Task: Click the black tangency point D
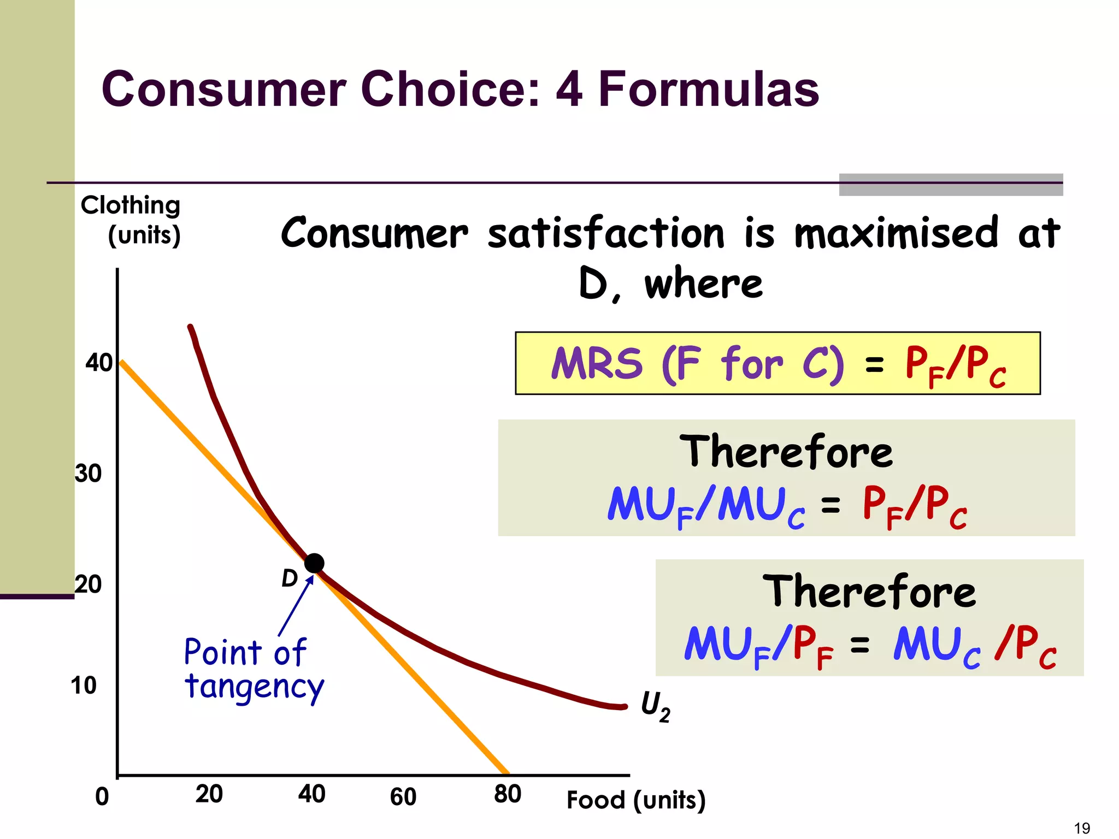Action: coord(314,563)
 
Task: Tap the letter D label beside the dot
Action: coord(289,578)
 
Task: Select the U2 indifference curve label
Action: coord(655,706)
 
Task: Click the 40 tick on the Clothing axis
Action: coord(99,363)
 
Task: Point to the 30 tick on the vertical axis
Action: coord(89,473)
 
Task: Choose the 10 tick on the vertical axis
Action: coord(84,685)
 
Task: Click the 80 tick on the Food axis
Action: coord(507,794)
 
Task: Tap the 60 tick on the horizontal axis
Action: coord(403,796)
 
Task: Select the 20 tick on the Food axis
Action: coord(209,794)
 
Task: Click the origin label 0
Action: coord(102,796)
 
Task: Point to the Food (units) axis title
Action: coord(636,800)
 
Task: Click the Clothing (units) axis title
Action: coord(131,220)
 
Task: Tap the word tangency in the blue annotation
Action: coord(254,687)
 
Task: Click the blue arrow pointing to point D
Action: coord(296,606)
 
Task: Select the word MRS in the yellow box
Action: coord(597,363)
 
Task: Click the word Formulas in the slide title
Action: coord(709,89)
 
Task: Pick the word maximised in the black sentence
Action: coord(896,233)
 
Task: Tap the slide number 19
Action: coord(1081,828)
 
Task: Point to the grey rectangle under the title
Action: coord(951,185)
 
